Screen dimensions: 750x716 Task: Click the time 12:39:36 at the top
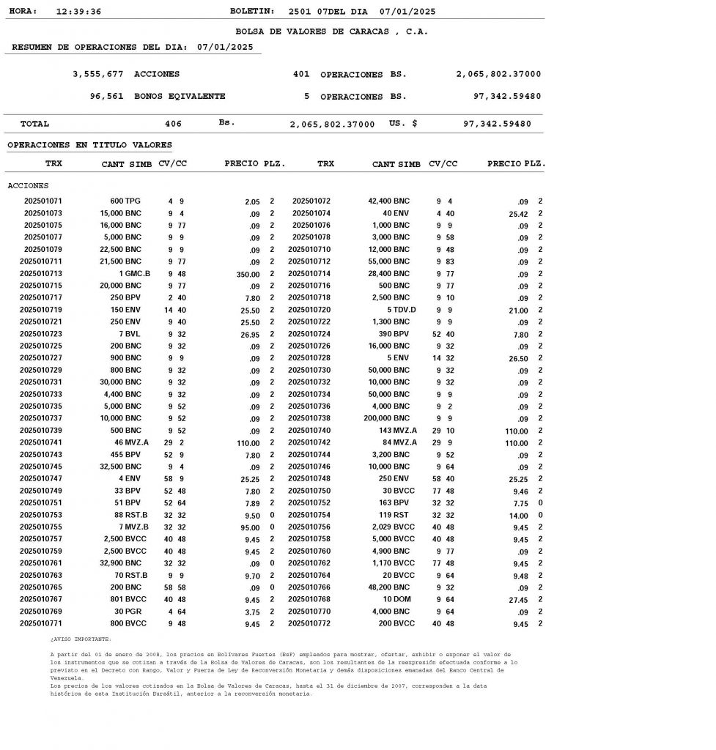78,12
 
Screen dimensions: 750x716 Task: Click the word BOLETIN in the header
252,12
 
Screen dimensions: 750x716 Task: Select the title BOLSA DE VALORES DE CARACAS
331,32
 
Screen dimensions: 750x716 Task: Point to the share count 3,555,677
97,75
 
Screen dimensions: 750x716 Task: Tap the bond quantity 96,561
106,97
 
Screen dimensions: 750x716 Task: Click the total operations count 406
173,125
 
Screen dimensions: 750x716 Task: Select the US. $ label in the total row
403,125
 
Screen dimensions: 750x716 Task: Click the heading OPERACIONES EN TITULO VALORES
89,146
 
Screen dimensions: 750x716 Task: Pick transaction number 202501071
43,201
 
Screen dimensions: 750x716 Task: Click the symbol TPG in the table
133,201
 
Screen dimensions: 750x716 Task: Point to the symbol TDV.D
405,310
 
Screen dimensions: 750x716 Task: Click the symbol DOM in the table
402,600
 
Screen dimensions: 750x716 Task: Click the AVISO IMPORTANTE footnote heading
81,639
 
